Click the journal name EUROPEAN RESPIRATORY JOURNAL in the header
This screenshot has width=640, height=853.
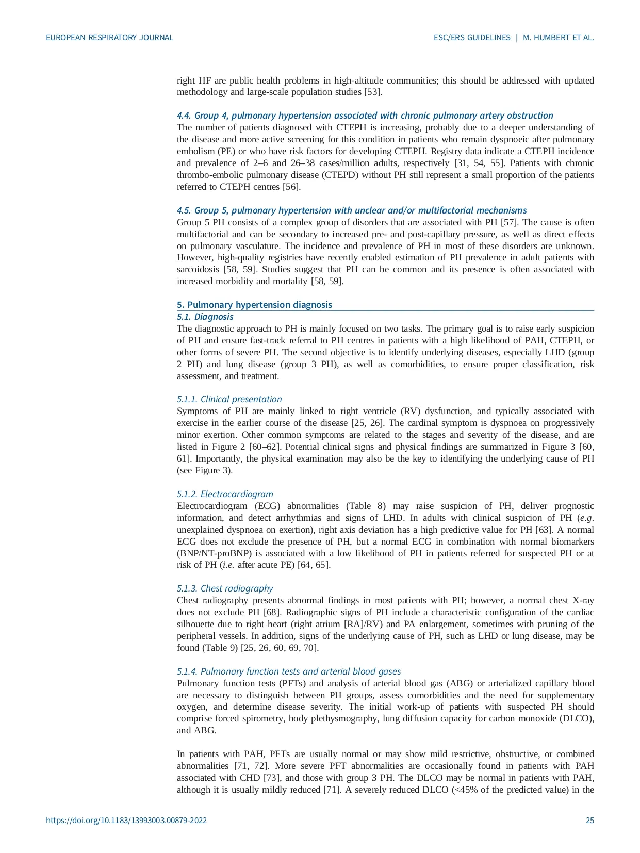point(109,38)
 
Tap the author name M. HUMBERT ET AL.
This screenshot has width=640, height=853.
point(559,38)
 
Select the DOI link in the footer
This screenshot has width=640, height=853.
point(126,821)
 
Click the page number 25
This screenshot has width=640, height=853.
point(589,821)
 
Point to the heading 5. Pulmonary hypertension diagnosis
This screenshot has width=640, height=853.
point(254,304)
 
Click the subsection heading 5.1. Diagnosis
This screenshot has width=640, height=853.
point(205,317)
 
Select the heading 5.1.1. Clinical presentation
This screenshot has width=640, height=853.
point(229,399)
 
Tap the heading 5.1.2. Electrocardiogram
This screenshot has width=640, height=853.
point(225,494)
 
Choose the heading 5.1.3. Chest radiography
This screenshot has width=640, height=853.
point(225,588)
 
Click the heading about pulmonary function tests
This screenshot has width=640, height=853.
point(288,671)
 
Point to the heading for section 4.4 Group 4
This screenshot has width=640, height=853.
point(365,116)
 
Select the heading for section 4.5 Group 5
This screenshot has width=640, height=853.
point(352,210)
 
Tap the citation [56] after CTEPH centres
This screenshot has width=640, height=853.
point(291,187)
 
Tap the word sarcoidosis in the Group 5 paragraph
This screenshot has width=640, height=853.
point(198,269)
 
